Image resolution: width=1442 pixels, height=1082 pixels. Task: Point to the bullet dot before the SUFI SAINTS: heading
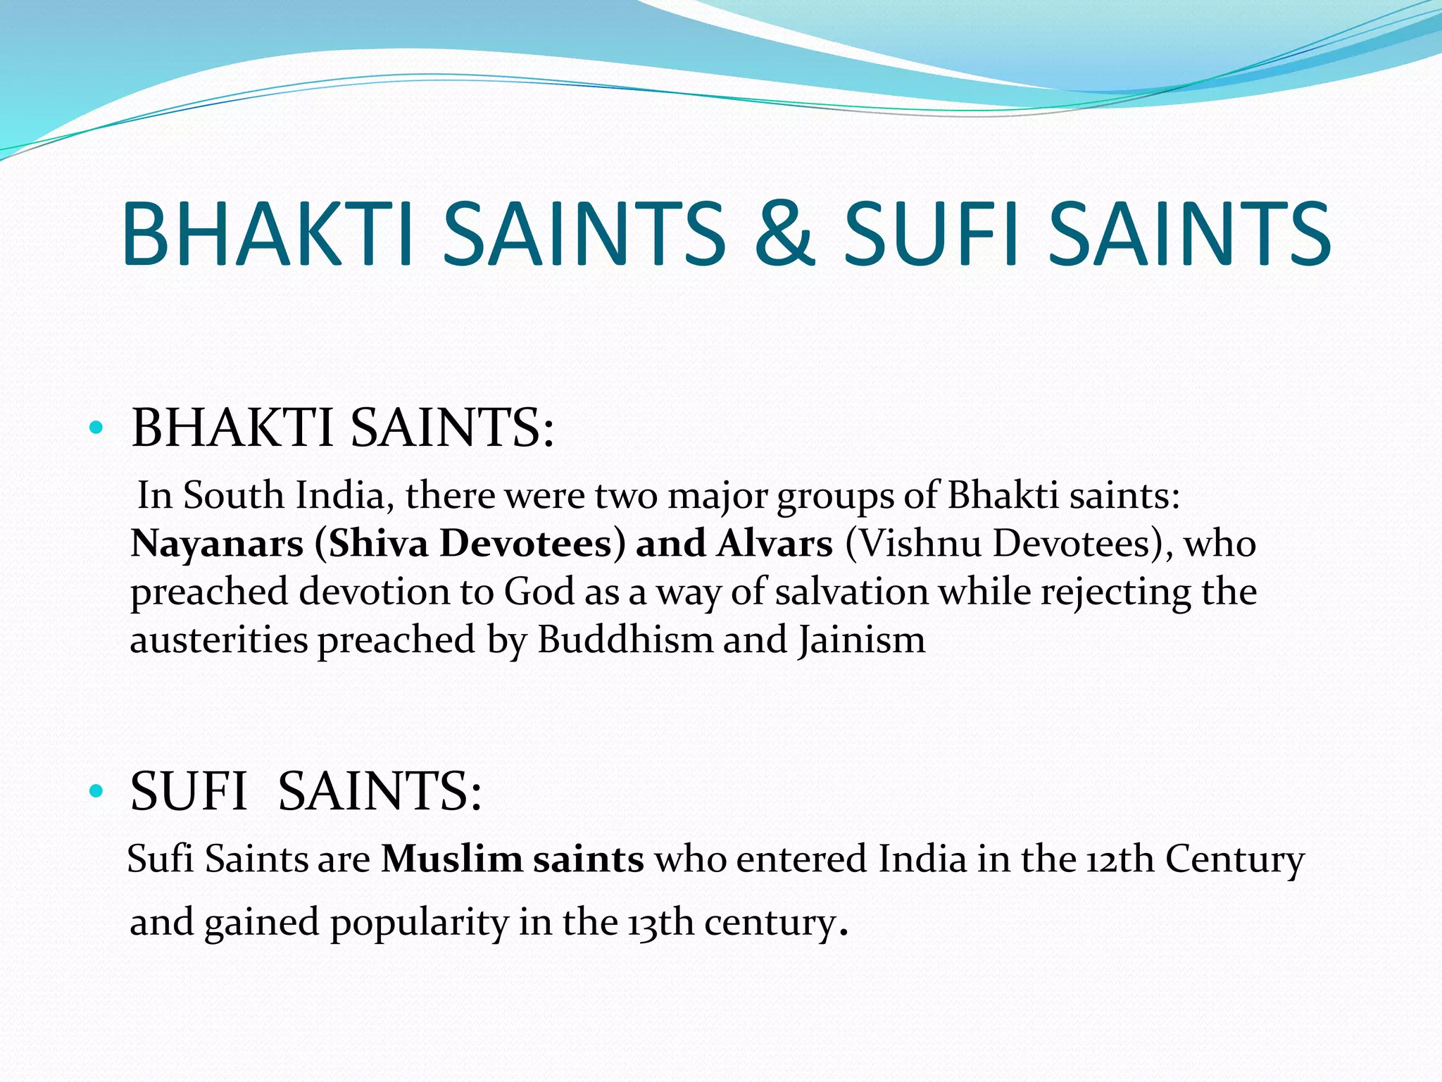click(x=96, y=791)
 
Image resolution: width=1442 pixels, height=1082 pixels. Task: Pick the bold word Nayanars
click(x=217, y=545)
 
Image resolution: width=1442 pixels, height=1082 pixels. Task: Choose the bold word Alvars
click(x=775, y=545)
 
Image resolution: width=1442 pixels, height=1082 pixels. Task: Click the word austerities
click(x=219, y=640)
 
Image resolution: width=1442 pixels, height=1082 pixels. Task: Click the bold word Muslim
click(x=451, y=859)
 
